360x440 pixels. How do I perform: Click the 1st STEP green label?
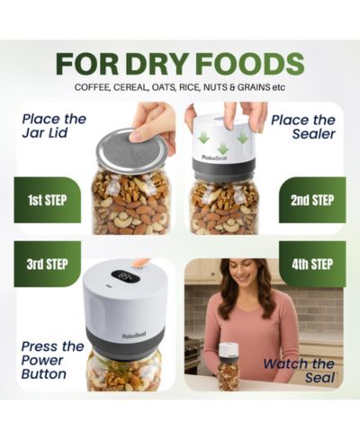(48, 200)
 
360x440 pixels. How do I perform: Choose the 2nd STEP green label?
(312, 200)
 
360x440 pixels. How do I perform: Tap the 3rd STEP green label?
(48, 265)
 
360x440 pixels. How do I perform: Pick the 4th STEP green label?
(312, 265)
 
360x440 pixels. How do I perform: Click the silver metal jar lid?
(131, 153)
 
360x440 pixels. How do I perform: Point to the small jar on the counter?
(229, 366)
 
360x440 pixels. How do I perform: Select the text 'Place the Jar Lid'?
(54, 126)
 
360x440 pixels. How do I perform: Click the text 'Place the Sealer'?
(303, 127)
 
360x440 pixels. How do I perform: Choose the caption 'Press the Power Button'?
(52, 360)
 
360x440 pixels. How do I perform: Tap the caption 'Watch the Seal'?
(299, 371)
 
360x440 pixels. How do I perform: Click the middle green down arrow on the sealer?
(222, 148)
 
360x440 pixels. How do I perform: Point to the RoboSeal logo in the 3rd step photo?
(134, 336)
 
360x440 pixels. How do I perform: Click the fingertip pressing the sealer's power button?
(140, 264)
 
